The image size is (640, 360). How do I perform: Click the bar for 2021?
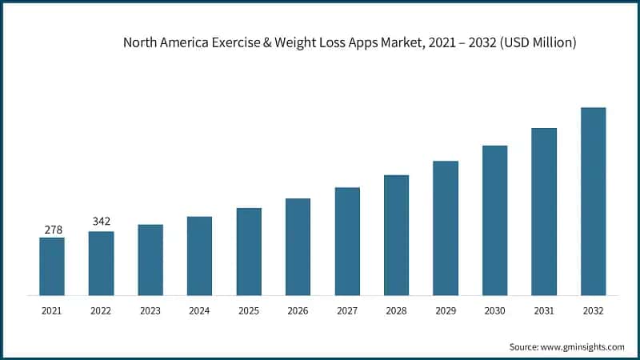coord(52,266)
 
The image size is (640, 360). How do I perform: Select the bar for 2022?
coord(101,263)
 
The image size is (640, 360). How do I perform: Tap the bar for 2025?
coord(249,251)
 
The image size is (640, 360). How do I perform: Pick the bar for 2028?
coord(396,235)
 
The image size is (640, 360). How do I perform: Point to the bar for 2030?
coord(494,220)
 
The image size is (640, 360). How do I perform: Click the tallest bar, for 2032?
coord(593,202)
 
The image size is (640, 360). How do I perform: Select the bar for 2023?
coord(150,260)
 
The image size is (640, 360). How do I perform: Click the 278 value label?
coord(53,230)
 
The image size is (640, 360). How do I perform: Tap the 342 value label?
coord(102,222)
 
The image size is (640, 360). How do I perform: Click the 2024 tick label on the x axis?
coord(199,310)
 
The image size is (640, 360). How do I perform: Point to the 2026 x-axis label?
coord(298,310)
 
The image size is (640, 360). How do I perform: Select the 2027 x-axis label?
coord(347,310)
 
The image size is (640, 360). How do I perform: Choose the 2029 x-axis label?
coord(446,310)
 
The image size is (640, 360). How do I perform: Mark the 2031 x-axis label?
coord(544,310)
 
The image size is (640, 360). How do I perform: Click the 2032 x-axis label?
coord(593,310)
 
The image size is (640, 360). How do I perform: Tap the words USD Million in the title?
coord(536,42)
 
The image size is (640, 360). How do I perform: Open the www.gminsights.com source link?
coord(583,346)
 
